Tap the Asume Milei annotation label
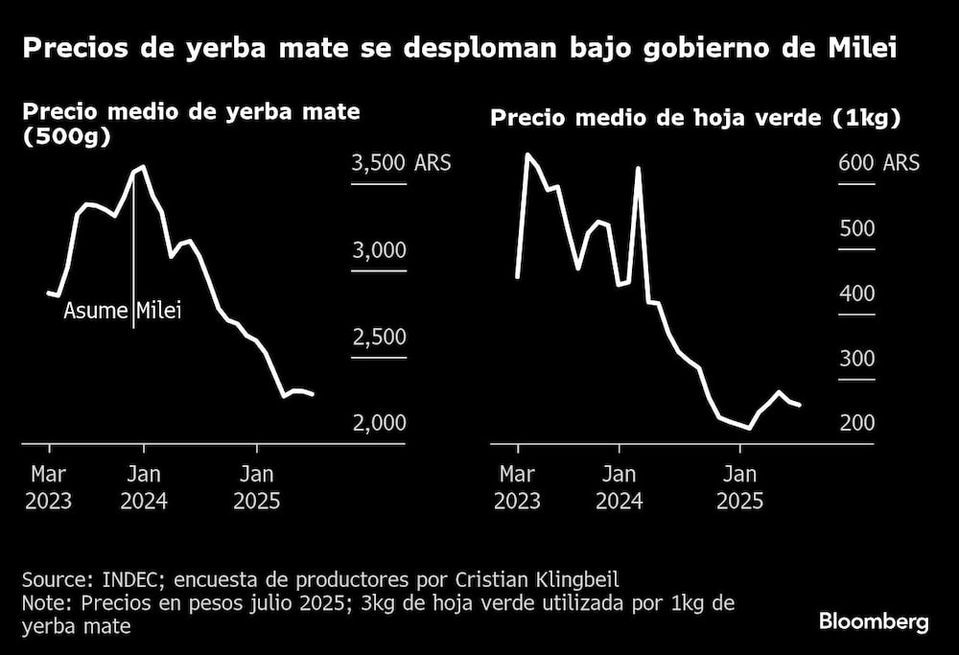pos(122,311)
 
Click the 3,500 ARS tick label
pos(401,163)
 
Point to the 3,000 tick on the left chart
pos(379,250)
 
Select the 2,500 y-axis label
pos(379,337)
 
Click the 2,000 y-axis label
pos(379,423)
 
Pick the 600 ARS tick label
pos(878,163)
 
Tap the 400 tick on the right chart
pos(856,293)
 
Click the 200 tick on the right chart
pos(856,423)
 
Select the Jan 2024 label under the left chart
pos(144,487)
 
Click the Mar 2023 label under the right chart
pos(518,487)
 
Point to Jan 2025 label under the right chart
pos(739,487)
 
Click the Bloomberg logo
pos(874,621)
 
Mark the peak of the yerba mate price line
pos(143,167)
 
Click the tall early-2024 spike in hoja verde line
pos(639,169)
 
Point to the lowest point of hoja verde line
pos(749,428)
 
